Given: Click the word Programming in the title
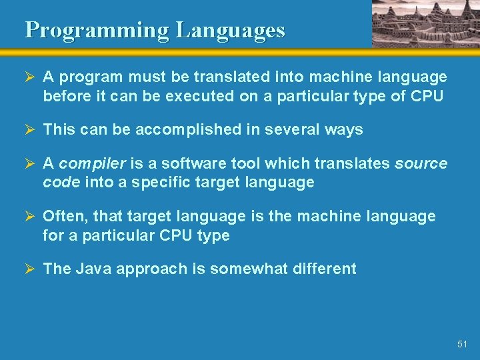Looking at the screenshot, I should (x=97, y=30).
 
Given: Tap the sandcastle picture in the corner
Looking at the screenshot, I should (x=425, y=23).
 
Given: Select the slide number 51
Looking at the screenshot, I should (x=463, y=344).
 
